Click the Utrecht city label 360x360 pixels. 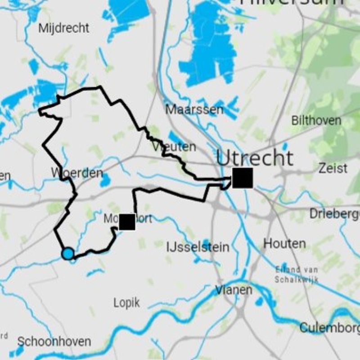[x=255, y=158]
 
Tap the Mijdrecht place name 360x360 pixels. [x=63, y=28]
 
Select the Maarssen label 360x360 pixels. [x=194, y=109]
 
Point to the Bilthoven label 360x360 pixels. [x=316, y=121]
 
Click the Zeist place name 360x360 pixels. [x=333, y=168]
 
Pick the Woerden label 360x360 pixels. [x=77, y=173]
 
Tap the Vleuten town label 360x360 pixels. [x=174, y=147]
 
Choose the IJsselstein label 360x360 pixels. [x=198, y=247]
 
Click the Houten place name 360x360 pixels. [x=284, y=243]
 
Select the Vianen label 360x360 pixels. [x=234, y=290]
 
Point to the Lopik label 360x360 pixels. [x=126, y=302]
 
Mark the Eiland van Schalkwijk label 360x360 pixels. [x=297, y=274]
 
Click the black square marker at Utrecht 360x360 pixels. [x=243, y=178]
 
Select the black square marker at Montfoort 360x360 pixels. [x=127, y=222]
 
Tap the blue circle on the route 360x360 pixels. [x=67, y=254]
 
